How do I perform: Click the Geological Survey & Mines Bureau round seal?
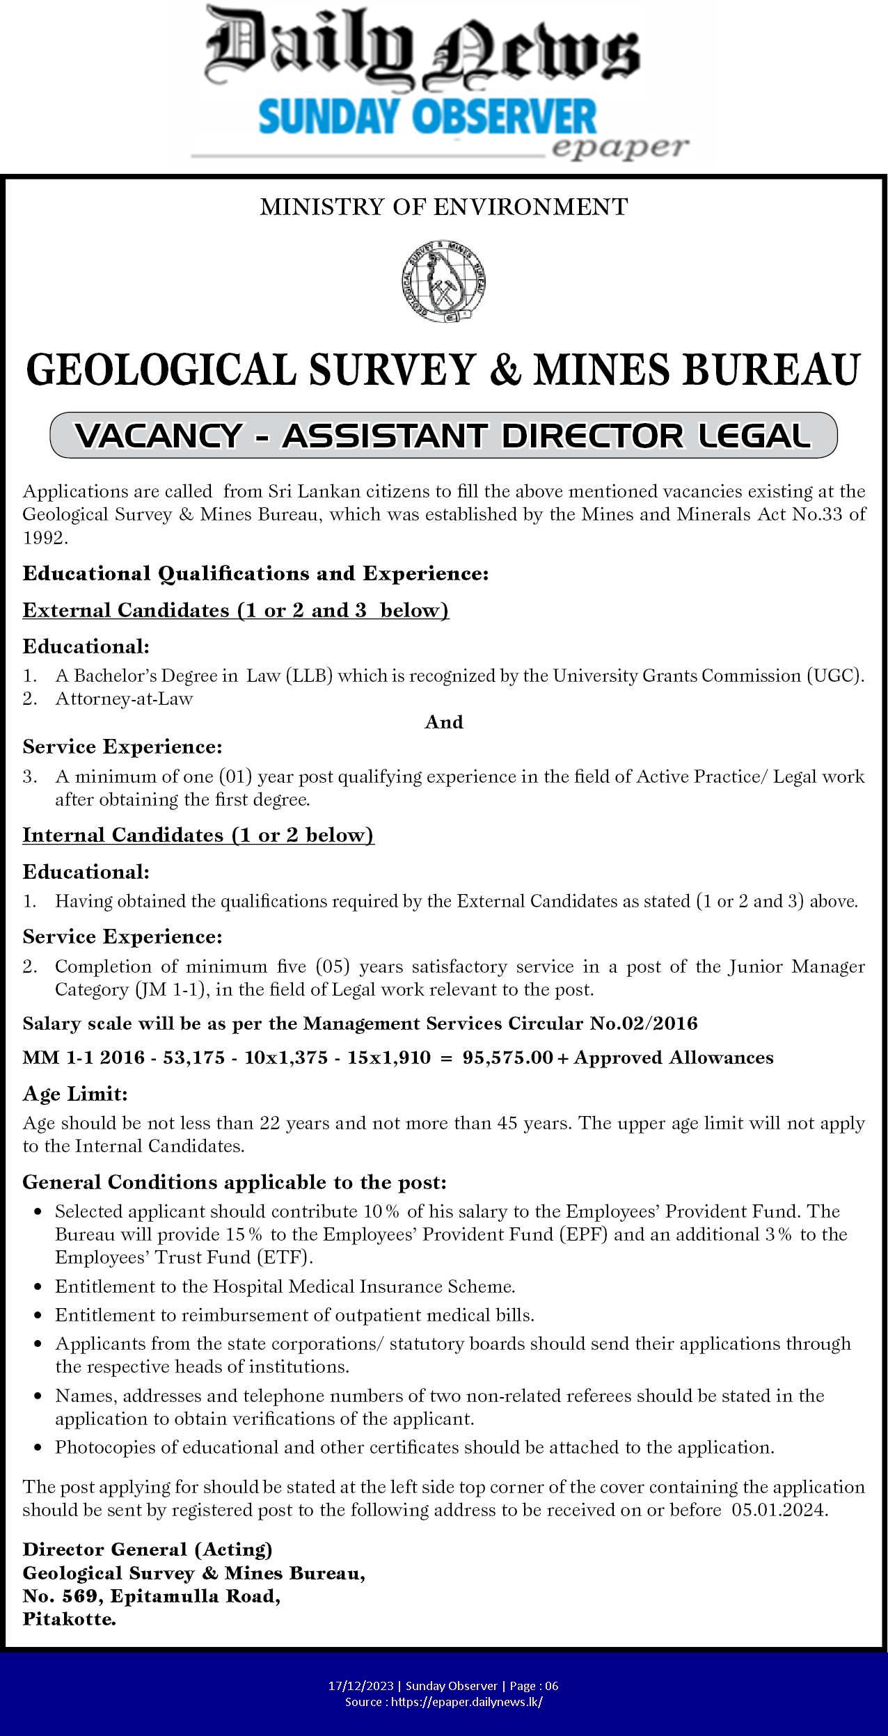443,281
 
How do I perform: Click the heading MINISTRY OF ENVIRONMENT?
443,207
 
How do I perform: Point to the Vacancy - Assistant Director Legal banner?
443,436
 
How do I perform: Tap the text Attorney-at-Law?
124,699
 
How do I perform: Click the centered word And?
444,722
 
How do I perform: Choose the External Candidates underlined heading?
236,610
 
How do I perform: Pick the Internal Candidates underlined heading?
198,835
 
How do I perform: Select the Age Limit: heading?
75,1094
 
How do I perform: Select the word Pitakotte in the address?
69,1600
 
